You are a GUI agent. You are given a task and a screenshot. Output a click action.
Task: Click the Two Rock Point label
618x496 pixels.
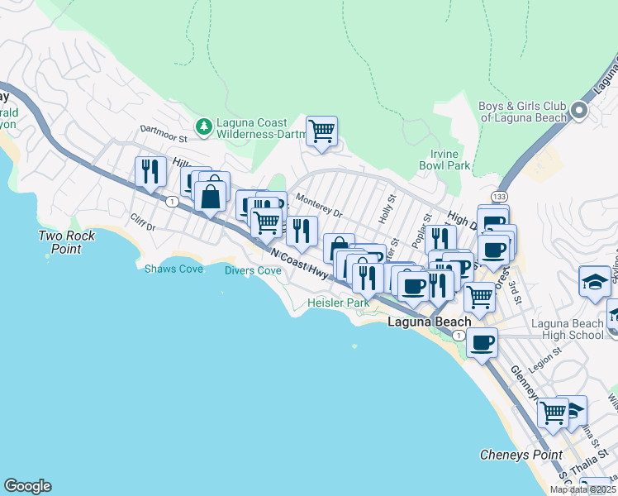(x=67, y=242)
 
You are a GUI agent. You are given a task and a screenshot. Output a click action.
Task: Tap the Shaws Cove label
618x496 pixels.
(x=174, y=269)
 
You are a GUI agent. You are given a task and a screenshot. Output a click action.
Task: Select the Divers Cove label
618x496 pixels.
(x=253, y=270)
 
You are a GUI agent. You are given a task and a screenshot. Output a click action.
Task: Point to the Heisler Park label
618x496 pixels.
(x=338, y=303)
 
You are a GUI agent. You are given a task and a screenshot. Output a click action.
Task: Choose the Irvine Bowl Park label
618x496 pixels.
(x=450, y=160)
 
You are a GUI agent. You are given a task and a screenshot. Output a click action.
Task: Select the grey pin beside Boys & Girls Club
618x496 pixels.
(x=580, y=111)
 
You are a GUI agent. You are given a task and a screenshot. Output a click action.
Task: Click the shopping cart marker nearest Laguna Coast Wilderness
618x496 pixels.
(x=321, y=131)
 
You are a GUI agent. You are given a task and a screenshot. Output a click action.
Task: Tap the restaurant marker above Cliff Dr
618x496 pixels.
(x=150, y=172)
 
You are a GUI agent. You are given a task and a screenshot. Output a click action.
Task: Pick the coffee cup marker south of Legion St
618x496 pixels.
(x=482, y=342)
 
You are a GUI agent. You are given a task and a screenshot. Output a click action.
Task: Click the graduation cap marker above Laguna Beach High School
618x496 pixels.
(x=595, y=282)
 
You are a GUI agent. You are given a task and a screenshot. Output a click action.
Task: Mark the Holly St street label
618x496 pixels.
(x=388, y=206)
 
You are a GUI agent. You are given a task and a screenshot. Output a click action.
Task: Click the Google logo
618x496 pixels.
(x=27, y=486)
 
